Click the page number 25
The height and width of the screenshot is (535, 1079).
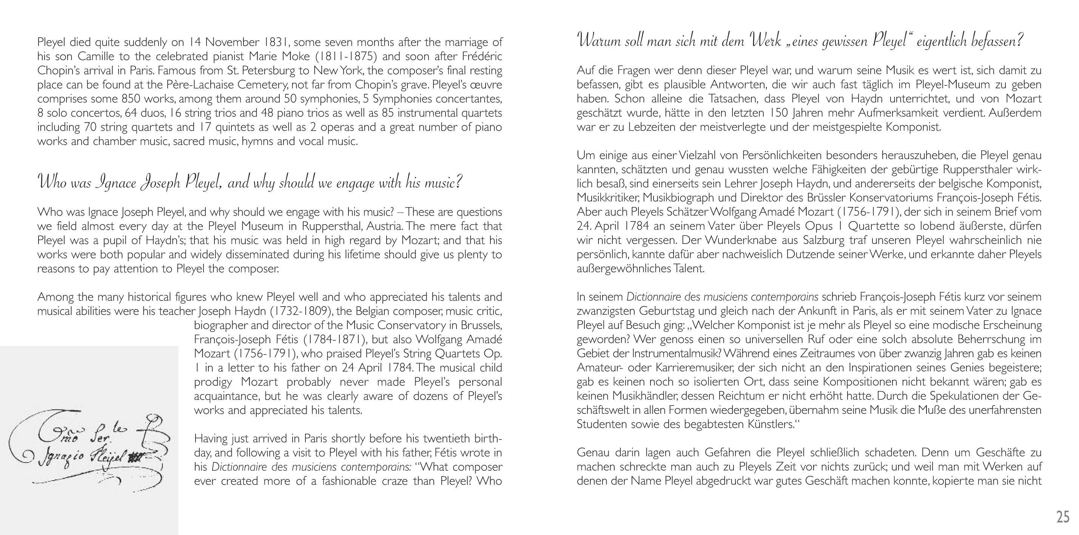(x=1063, y=516)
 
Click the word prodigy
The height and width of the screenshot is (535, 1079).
(x=213, y=382)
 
